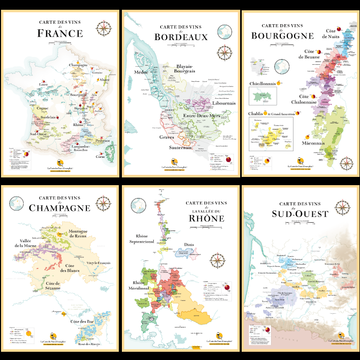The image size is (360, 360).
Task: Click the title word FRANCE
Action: pyautogui.click(x=60, y=34)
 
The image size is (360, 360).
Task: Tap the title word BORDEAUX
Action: pyautogui.click(x=181, y=37)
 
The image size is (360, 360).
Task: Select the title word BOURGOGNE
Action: pyautogui.click(x=282, y=35)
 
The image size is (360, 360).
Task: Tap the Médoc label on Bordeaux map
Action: pyautogui.click(x=141, y=73)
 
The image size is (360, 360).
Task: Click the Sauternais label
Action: pyautogui.click(x=181, y=148)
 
